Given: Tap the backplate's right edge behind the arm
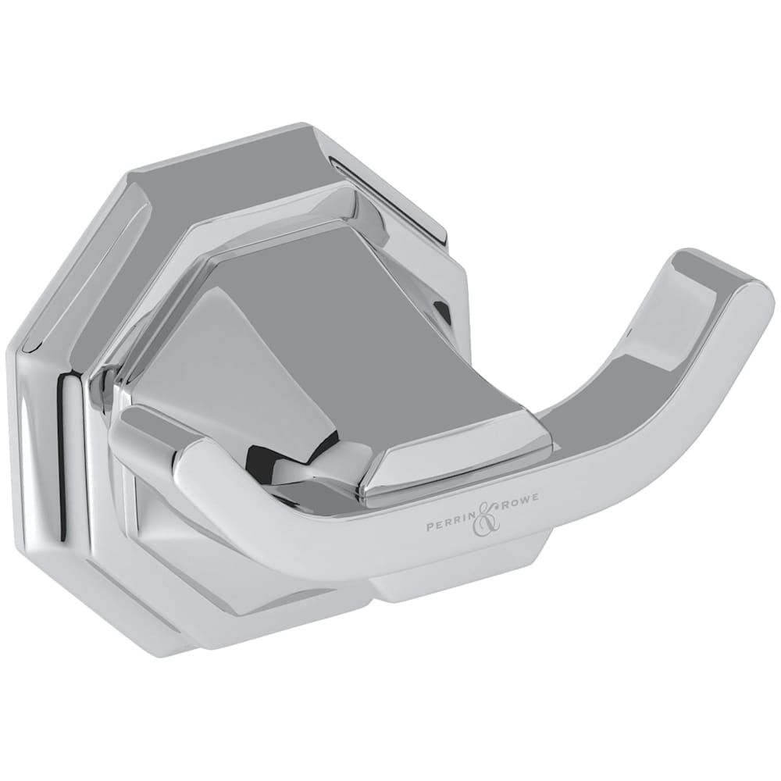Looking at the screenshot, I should [453, 312].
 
